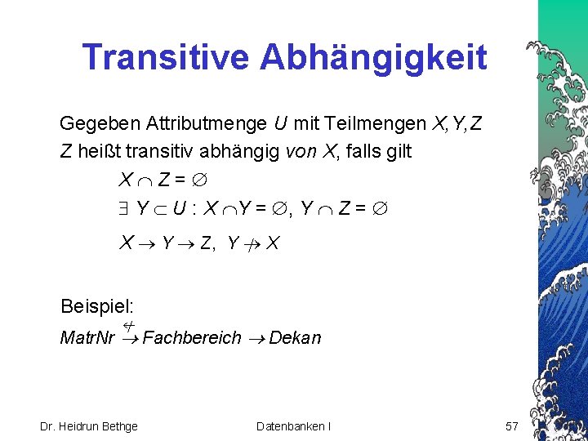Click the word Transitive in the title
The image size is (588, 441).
166,57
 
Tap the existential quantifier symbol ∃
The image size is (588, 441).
124,209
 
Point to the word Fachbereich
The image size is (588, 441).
192,337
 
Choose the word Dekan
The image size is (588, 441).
295,337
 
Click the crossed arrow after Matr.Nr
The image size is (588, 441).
129,333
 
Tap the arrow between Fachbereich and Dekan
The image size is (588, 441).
256,338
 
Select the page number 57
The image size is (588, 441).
512,425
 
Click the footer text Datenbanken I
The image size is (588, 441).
293,425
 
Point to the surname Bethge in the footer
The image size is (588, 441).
119,425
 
